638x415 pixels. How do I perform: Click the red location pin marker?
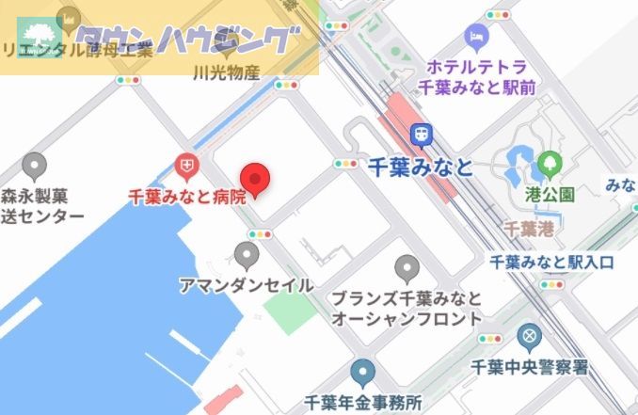(256, 177)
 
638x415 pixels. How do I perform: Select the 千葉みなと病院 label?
(186, 197)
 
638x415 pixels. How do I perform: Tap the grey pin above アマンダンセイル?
(247, 254)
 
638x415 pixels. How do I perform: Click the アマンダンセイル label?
(246, 283)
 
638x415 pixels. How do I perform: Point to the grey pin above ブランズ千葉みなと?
(407, 268)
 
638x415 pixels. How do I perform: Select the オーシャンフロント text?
(407, 320)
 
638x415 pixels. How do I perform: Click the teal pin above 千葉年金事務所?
(362, 373)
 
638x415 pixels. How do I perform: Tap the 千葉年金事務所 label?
(363, 403)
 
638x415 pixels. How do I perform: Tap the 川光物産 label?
(225, 72)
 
